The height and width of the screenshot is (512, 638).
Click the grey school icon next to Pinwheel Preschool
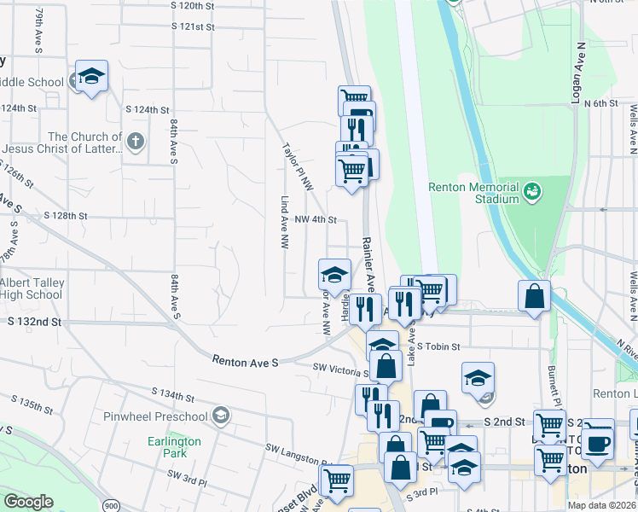(221, 416)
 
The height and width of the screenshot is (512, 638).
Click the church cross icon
(136, 140)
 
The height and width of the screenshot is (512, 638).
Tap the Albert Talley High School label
(31, 288)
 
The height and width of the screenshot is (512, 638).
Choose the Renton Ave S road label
(246, 363)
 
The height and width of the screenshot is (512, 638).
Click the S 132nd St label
(35, 322)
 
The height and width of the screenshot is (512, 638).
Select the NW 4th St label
(316, 219)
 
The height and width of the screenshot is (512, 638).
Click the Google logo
(29, 502)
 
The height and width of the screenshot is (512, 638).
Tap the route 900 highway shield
(112, 505)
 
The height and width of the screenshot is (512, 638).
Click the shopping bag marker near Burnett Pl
(534, 298)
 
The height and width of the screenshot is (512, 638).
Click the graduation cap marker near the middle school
(91, 77)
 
